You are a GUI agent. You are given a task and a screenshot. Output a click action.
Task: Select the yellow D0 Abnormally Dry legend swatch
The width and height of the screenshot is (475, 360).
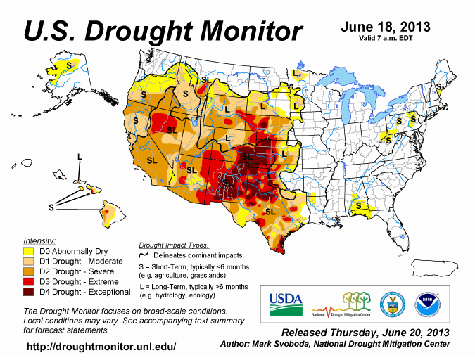30,250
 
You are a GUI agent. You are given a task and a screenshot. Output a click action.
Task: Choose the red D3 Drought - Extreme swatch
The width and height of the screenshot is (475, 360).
30,281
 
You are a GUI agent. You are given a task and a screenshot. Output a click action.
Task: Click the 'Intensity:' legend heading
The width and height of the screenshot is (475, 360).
39,240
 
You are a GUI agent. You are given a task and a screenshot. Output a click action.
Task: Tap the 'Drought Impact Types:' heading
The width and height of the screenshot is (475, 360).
173,245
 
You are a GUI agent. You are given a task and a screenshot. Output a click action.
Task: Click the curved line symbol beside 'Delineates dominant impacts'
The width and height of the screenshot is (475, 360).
146,255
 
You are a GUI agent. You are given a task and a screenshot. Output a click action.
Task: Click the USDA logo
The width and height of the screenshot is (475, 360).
285,303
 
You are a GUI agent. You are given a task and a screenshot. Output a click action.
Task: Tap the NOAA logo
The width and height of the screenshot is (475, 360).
427,303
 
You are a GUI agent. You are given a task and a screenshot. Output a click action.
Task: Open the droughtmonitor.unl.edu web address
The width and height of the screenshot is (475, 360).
101,347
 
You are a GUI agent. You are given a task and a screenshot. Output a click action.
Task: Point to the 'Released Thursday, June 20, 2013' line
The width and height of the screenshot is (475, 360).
365,332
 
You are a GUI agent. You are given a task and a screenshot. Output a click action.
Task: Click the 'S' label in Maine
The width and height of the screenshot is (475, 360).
439,86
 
